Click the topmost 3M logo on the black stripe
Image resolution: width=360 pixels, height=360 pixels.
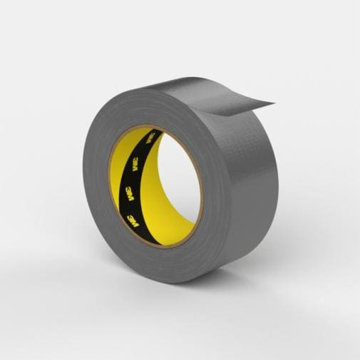[150, 138]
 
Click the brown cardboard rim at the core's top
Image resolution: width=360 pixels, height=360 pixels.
[153, 129]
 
